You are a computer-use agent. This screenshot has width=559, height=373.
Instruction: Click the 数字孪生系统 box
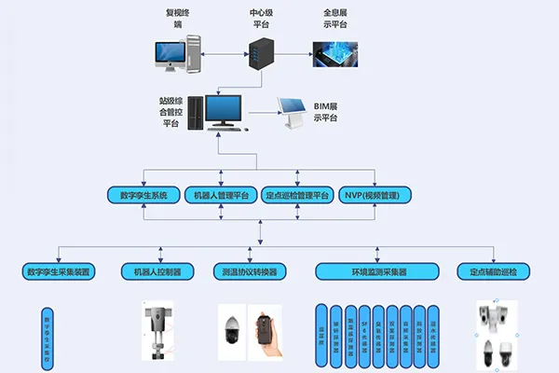tap(143, 195)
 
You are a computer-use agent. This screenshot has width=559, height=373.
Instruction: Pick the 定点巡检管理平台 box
tap(297, 195)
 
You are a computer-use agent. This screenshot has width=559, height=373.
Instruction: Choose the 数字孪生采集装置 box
tap(58, 271)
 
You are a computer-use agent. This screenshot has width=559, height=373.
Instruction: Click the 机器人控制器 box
tap(157, 271)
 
